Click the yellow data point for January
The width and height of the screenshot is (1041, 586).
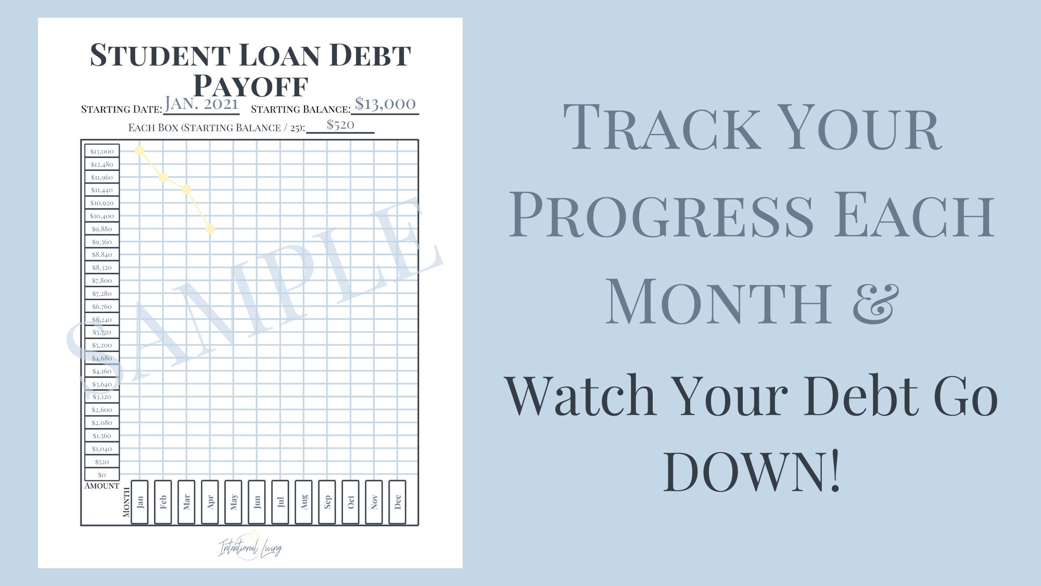tap(139, 151)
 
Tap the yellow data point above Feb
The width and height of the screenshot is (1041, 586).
tap(163, 177)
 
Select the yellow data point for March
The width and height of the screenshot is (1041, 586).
tap(186, 190)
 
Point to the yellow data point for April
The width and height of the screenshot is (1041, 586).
tap(210, 229)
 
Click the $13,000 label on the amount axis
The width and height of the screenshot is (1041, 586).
tap(102, 151)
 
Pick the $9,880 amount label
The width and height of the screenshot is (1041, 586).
tap(102, 229)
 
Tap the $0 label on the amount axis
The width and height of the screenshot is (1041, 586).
tap(102, 475)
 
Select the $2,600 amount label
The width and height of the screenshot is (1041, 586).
tap(102, 410)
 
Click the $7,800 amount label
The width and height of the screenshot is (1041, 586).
tap(102, 280)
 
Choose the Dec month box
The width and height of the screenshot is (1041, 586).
tap(398, 502)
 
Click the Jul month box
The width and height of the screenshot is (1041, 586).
tap(281, 502)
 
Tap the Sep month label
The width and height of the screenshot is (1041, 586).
tap(327, 502)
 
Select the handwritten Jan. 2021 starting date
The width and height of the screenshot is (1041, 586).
tap(201, 104)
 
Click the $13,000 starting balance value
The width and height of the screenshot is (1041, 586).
tap(385, 104)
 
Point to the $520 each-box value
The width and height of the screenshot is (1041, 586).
tap(340, 124)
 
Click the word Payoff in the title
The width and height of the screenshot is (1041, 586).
tap(251, 86)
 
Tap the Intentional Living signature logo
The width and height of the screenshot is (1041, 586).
tap(250, 547)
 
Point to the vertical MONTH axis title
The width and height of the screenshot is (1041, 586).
tap(126, 502)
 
